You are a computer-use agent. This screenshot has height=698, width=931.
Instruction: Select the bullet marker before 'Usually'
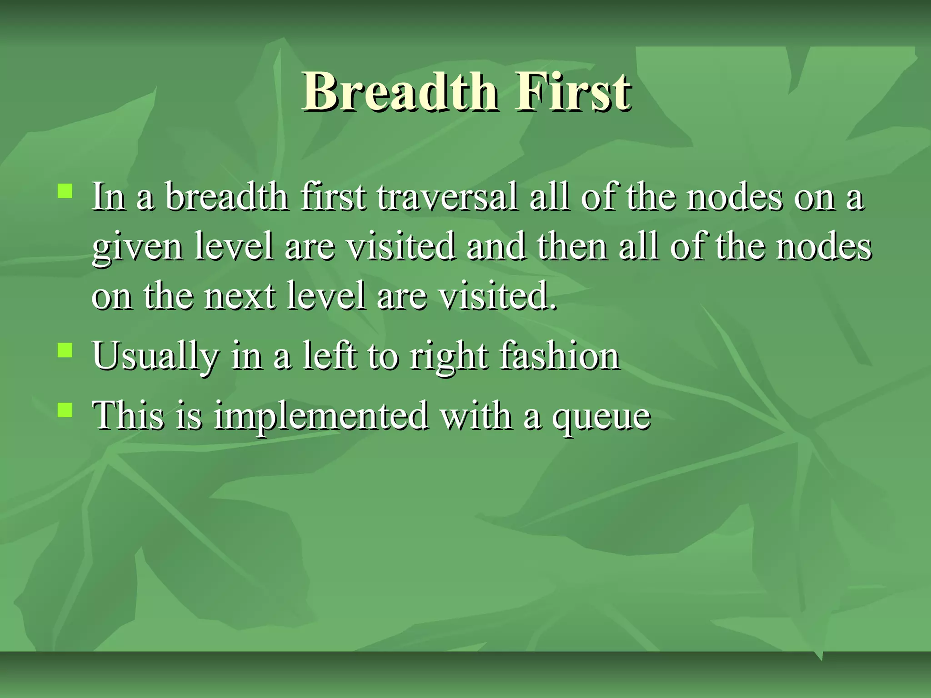[65, 350]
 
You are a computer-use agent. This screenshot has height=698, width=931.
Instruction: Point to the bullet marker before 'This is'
[65, 409]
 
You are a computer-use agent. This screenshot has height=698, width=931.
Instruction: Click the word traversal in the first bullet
[447, 197]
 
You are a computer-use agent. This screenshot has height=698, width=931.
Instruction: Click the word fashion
[559, 356]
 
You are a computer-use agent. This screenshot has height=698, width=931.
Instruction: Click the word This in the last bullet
[128, 415]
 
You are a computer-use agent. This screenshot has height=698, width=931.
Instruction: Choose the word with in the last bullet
[476, 415]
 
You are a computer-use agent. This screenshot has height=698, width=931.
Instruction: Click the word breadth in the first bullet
[226, 197]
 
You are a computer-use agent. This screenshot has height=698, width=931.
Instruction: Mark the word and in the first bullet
[496, 247]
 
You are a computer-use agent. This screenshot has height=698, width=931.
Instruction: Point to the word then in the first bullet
[572, 247]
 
